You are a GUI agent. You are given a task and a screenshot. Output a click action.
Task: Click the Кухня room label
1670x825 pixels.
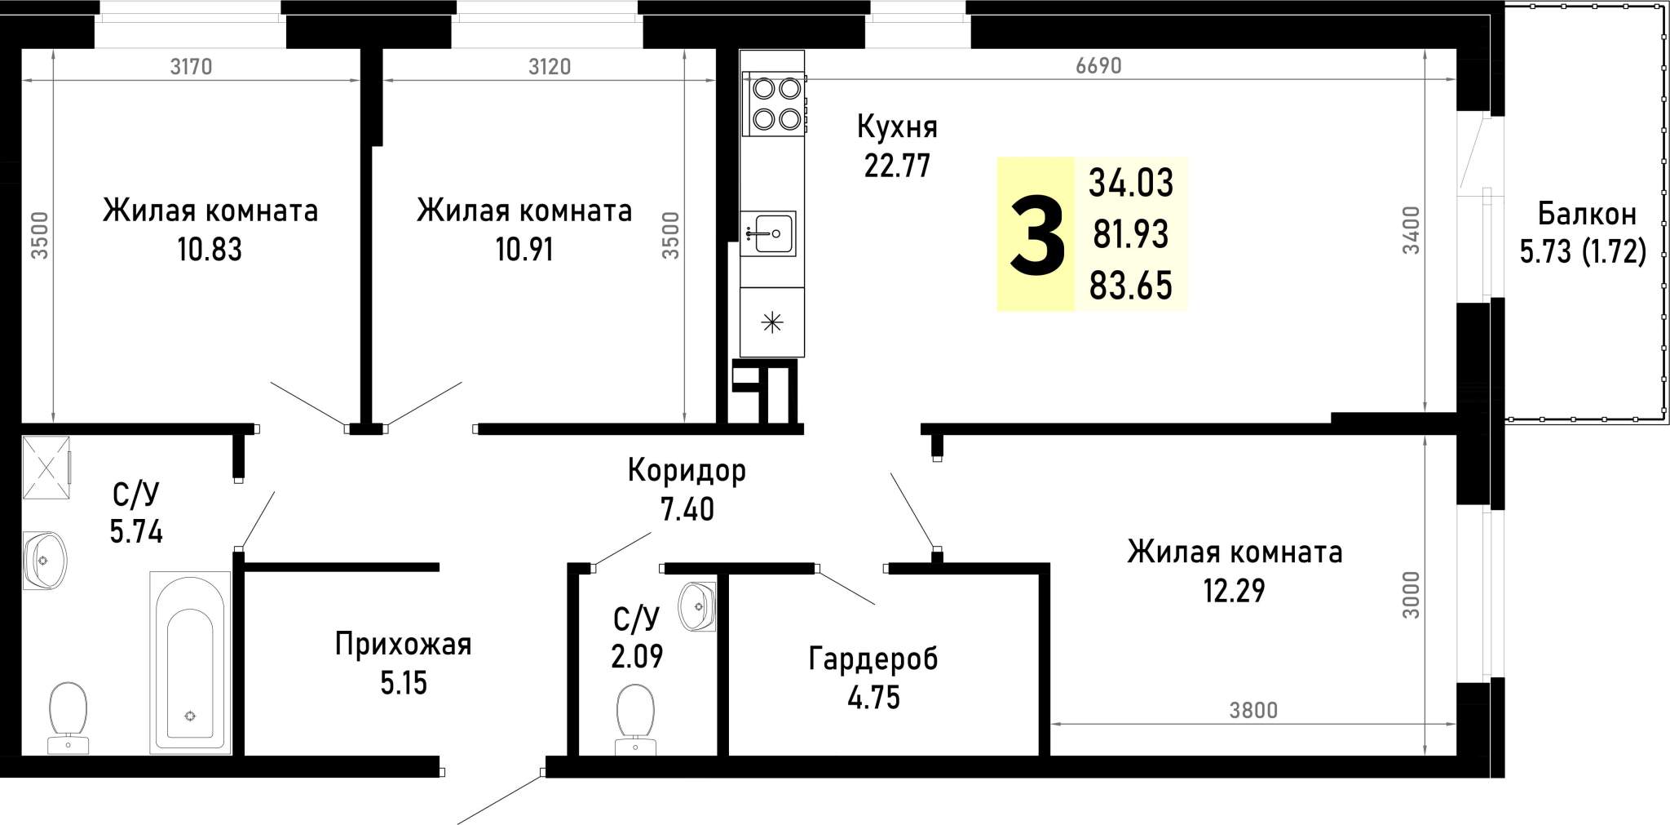[897, 127]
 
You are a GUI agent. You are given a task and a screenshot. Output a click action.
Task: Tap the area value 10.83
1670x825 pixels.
[210, 250]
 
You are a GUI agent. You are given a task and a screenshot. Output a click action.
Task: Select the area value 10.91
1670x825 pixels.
[524, 250]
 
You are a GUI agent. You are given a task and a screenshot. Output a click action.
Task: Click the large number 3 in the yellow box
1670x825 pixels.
[1037, 236]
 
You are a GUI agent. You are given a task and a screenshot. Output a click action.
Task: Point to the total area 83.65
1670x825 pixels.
[1131, 286]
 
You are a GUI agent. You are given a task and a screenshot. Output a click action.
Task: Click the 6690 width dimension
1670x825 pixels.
[1098, 66]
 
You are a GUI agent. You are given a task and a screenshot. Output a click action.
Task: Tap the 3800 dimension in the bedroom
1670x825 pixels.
[1253, 711]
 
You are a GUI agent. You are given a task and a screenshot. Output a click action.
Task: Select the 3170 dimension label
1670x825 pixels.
[191, 66]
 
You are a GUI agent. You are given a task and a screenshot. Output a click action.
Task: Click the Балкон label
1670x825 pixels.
[1587, 215]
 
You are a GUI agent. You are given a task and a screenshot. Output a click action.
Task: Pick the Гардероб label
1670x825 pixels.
[873, 659]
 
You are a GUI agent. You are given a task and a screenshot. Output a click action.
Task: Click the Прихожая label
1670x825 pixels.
[403, 645]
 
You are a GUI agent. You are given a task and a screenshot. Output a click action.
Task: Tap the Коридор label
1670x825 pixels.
[687, 471]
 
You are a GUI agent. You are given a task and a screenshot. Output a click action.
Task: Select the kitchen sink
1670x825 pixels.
[768, 233]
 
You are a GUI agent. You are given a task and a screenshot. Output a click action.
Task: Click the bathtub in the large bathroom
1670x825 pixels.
[190, 663]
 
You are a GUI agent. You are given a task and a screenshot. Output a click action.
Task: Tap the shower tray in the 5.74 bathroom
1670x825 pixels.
[46, 468]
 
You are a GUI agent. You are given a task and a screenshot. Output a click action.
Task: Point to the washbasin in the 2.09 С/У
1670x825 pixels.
[698, 606]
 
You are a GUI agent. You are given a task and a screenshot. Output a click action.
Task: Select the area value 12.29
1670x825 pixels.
[1234, 591]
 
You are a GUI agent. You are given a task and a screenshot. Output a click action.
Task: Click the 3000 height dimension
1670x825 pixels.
[1412, 594]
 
